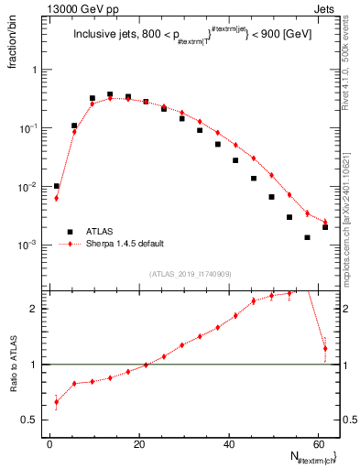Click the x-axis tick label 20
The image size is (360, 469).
click(138, 444)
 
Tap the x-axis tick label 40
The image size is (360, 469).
click(228, 444)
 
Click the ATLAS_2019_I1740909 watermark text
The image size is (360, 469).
click(190, 274)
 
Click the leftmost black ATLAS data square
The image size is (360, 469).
click(57, 186)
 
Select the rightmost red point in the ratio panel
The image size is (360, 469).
click(325, 349)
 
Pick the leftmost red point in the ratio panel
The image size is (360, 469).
click(57, 402)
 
